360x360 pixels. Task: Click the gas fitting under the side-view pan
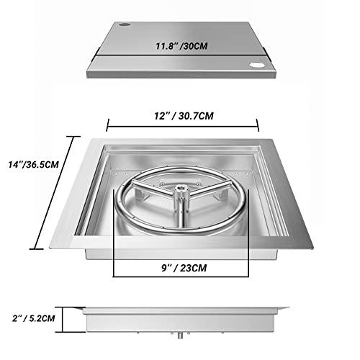pos(181,336)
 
